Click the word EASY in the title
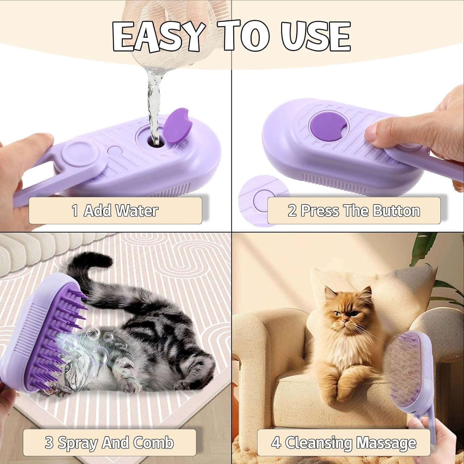click(158, 36)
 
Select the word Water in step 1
click(137, 211)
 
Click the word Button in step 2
click(396, 211)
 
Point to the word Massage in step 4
click(386, 443)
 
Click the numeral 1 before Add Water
click(75, 211)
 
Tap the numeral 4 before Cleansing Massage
click(276, 443)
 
